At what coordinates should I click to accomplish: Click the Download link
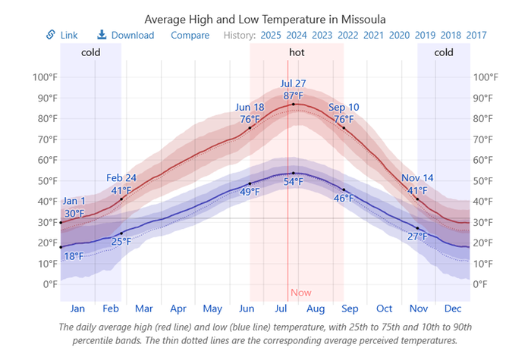(x=126, y=35)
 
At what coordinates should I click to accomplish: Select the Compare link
(x=190, y=35)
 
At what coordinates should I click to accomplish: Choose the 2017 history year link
(x=476, y=35)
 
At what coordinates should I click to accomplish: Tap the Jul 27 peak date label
(x=294, y=83)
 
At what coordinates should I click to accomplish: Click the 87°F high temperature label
(x=294, y=95)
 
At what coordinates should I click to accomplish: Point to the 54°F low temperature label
(x=294, y=182)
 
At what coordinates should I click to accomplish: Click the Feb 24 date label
(x=121, y=179)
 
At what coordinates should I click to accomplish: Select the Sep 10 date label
(x=344, y=108)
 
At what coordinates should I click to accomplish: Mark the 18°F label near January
(x=74, y=256)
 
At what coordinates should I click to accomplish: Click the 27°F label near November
(x=416, y=236)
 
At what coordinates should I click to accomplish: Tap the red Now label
(x=300, y=293)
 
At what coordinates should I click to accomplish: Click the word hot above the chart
(x=297, y=52)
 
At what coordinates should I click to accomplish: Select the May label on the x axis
(x=213, y=308)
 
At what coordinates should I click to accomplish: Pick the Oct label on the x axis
(x=385, y=308)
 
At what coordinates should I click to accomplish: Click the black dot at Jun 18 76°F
(x=250, y=128)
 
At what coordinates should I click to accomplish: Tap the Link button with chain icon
(x=62, y=35)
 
